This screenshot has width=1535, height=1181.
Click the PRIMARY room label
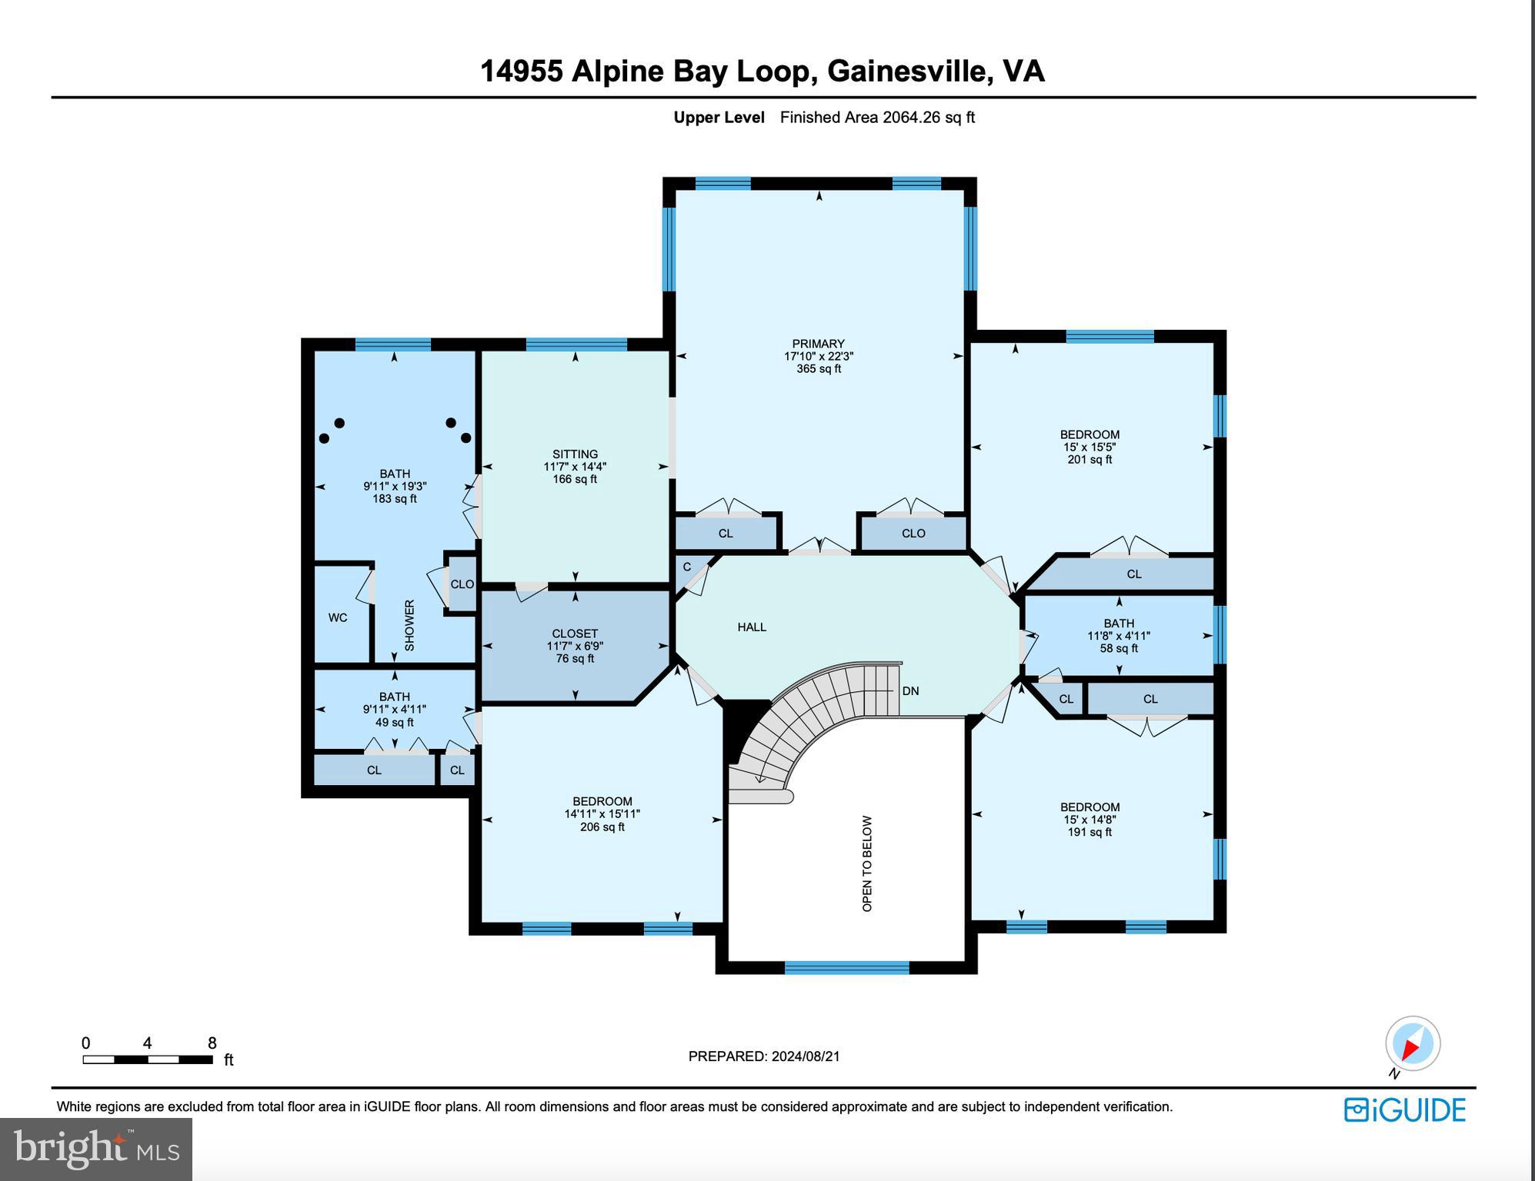818,344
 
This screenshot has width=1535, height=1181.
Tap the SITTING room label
575,454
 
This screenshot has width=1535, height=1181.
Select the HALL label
752,627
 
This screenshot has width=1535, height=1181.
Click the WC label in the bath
338,617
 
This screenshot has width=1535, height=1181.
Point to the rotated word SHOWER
409,625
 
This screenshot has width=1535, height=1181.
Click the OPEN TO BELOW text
867,863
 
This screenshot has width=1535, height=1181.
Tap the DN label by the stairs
910,690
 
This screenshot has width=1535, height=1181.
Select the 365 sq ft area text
819,369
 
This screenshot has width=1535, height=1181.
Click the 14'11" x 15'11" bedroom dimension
602,814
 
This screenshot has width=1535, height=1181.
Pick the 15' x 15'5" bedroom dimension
1090,447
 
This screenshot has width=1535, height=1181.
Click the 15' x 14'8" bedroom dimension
1090,820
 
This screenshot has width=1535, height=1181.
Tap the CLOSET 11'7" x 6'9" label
575,646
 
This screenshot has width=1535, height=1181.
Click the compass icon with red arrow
1413,1044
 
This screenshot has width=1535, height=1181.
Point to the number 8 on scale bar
212,1043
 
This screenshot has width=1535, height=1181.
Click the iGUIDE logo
1405,1109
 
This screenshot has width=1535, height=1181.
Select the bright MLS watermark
95,1149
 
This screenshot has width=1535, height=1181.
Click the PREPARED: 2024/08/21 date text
764,1056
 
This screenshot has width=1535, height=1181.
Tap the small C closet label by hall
687,567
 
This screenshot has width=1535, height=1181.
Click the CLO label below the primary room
913,533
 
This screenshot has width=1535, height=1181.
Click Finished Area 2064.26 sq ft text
877,118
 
